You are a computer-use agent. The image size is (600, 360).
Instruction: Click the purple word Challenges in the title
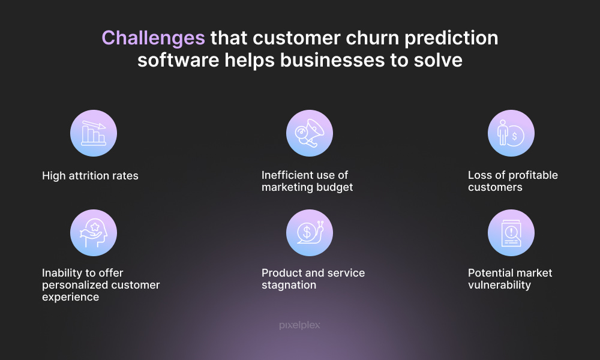point(153,38)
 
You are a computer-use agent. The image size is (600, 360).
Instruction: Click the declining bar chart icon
point(94,133)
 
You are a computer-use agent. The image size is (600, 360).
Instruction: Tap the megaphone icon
point(310,133)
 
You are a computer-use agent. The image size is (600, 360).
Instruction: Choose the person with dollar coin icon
point(511,133)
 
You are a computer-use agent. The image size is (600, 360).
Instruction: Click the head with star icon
point(94,233)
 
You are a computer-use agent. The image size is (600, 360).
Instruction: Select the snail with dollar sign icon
point(310,233)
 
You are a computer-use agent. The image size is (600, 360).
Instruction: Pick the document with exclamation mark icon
point(511,233)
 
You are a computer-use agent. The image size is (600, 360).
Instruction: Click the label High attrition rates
point(91,176)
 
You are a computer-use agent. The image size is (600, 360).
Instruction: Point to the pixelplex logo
point(299,325)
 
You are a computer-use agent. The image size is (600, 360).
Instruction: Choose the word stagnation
point(289,285)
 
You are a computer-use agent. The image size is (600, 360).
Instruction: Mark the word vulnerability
point(499,285)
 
